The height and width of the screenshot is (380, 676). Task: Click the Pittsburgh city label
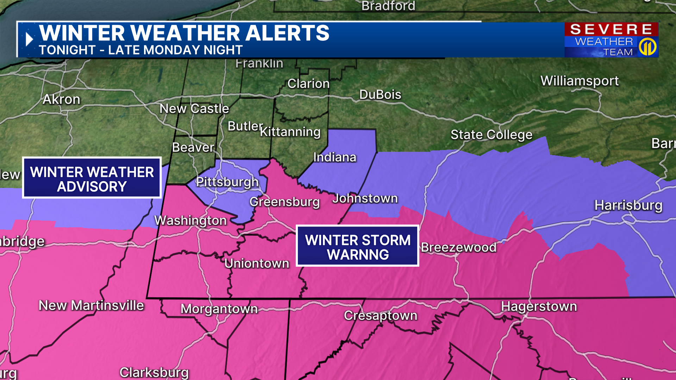tap(227, 182)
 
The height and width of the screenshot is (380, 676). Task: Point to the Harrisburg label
tap(628, 205)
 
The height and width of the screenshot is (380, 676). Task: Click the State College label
tap(491, 134)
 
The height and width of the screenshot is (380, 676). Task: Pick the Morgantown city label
tap(219, 309)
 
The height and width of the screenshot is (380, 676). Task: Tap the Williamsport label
tap(580, 81)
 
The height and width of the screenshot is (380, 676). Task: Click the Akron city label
tap(62, 99)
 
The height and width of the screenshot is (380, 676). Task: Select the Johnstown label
tap(365, 198)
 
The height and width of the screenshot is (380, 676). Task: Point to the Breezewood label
tap(458, 247)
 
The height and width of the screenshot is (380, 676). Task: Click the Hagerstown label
tap(539, 306)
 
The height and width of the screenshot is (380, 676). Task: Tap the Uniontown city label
tap(257, 263)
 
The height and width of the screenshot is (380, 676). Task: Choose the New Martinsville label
tap(91, 305)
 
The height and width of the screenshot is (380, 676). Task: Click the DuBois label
tap(380, 94)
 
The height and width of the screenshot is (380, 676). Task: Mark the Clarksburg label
tap(154, 372)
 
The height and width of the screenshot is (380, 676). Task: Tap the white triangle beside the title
tap(29, 39)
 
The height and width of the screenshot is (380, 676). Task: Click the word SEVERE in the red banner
tap(611, 29)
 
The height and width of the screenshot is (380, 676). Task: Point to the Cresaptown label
tap(381, 315)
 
